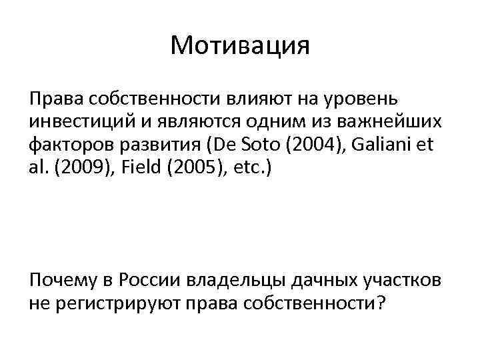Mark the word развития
click(165, 145)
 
